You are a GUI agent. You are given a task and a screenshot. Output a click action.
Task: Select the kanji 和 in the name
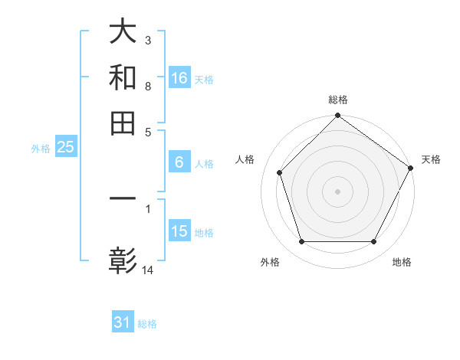click(x=123, y=77)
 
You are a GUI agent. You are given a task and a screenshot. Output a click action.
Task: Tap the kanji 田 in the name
click(x=123, y=123)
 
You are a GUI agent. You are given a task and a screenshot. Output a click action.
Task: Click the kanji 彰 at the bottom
click(x=123, y=260)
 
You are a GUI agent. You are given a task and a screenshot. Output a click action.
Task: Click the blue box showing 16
click(x=179, y=77)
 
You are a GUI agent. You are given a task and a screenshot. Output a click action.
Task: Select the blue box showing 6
click(x=179, y=162)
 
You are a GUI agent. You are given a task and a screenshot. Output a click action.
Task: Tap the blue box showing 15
click(x=179, y=231)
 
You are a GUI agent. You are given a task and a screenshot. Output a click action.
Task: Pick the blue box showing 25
click(x=65, y=147)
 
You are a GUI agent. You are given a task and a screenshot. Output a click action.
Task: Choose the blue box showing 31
click(x=123, y=322)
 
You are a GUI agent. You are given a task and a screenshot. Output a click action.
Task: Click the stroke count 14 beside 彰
click(x=148, y=270)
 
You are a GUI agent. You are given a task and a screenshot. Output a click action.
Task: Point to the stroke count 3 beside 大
click(x=148, y=40)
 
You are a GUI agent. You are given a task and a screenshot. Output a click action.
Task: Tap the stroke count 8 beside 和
click(x=148, y=86)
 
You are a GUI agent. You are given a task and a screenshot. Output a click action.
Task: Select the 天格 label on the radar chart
click(x=431, y=159)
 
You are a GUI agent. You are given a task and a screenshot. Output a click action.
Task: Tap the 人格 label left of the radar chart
click(x=245, y=159)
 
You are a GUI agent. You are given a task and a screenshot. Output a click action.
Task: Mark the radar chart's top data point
click(x=337, y=117)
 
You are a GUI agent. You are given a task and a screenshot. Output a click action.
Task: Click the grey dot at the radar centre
click(x=337, y=191)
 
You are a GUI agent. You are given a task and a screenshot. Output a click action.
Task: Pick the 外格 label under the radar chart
click(x=270, y=262)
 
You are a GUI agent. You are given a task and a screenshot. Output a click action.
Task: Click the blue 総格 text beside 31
click(x=147, y=324)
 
